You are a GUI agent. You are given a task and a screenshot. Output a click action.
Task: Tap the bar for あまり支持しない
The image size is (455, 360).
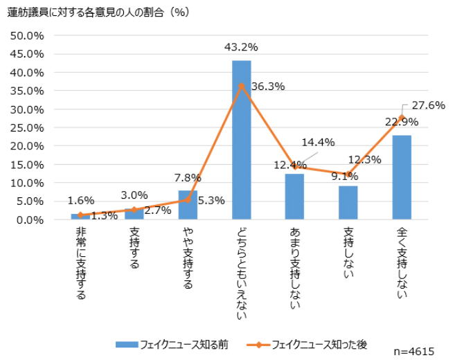pos(295,197)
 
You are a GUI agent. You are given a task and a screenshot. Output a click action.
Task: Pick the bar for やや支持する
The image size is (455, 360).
pos(188,206)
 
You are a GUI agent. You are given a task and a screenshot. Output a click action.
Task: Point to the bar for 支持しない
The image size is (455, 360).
pos(348,203)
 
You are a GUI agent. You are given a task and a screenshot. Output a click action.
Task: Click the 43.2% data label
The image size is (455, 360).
pos(241,48)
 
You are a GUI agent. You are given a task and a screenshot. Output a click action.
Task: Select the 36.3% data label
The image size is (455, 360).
pos(268,87)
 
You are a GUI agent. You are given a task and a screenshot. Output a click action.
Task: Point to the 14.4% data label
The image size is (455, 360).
pos(319,142)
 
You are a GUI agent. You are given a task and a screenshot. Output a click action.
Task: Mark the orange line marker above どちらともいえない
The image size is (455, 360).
pos(241,86)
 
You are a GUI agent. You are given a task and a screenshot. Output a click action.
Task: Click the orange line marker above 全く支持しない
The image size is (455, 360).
pos(402,118)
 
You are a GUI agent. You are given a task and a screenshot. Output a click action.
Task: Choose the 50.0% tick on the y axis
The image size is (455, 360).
pos(26,35)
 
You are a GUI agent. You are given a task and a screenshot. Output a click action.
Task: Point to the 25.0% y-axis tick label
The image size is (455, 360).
pos(26,127)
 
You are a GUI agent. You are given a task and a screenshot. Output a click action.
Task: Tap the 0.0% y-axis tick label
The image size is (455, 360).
pos(29,220)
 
